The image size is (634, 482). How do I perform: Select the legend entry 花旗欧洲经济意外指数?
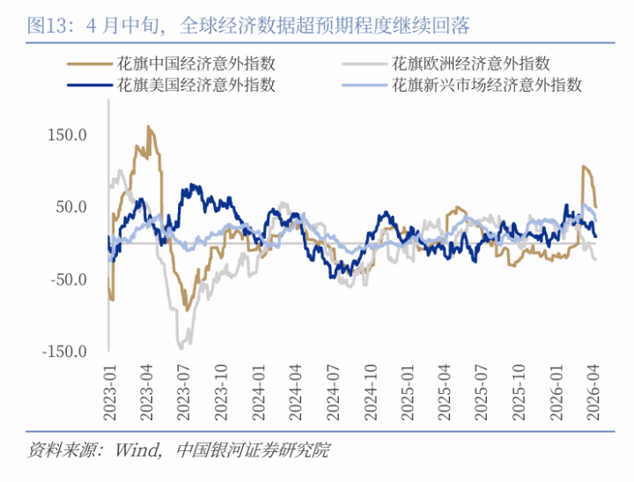[470, 63]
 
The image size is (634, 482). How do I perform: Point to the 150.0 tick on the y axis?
[69, 135]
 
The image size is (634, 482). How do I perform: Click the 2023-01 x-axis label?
[108, 388]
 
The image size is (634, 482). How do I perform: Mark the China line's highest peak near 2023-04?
[148, 127]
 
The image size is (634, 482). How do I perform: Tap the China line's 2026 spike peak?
[583, 166]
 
